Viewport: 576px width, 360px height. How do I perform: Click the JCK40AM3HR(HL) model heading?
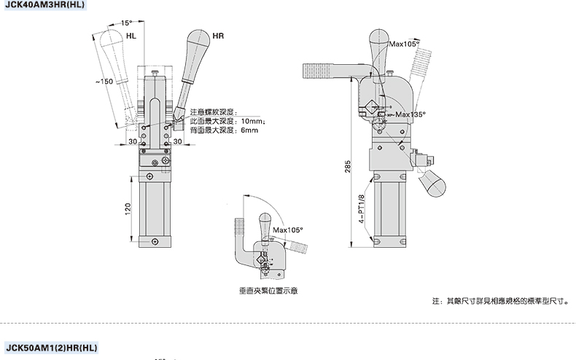pos(44,5)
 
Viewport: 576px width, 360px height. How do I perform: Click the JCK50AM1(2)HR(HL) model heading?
pos(52,348)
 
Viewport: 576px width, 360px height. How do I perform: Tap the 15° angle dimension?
pos(126,23)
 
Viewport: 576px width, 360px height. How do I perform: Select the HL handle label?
pos(131,36)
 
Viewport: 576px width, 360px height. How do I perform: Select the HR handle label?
pos(218,36)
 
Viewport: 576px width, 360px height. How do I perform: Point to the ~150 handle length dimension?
pos(104,82)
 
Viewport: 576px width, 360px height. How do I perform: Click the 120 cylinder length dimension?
pos(128,209)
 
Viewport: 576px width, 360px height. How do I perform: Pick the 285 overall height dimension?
pos(348,166)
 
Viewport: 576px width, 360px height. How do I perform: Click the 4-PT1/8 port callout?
pos(362,209)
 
